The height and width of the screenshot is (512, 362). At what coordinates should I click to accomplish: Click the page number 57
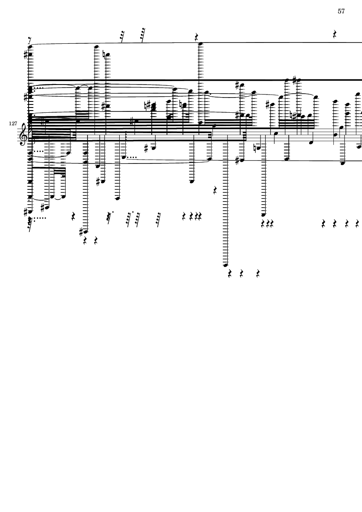click(x=341, y=11)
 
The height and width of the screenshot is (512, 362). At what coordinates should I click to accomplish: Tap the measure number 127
click(x=13, y=124)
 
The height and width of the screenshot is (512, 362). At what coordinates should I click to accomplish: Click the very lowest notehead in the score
click(x=225, y=264)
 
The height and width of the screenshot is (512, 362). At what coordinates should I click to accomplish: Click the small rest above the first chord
click(x=29, y=40)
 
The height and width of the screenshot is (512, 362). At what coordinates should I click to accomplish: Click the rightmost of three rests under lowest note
click(x=258, y=274)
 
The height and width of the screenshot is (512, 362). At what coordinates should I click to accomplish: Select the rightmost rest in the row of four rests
click(x=357, y=224)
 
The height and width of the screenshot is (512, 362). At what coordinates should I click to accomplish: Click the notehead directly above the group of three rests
click(x=263, y=215)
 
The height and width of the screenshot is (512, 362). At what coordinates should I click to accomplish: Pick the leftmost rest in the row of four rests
click(x=323, y=224)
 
